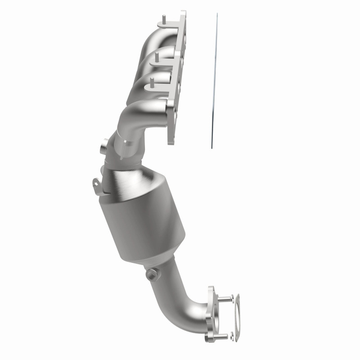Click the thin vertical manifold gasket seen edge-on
(x=213, y=81)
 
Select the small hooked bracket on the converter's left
(x=96, y=184)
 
